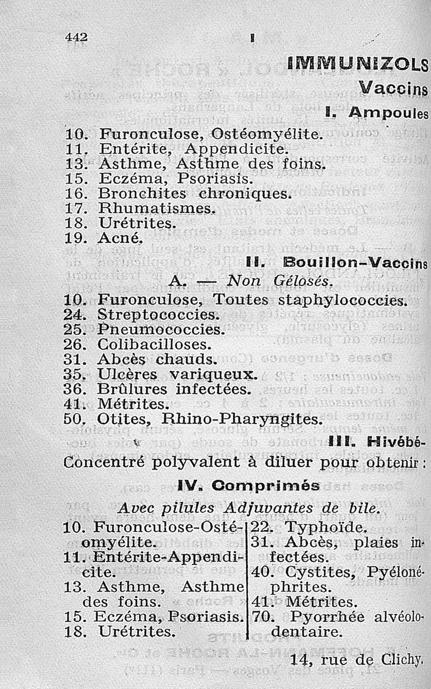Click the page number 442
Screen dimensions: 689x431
click(76, 37)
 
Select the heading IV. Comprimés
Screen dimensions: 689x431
click(248, 486)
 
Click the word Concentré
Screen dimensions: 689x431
click(101, 463)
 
